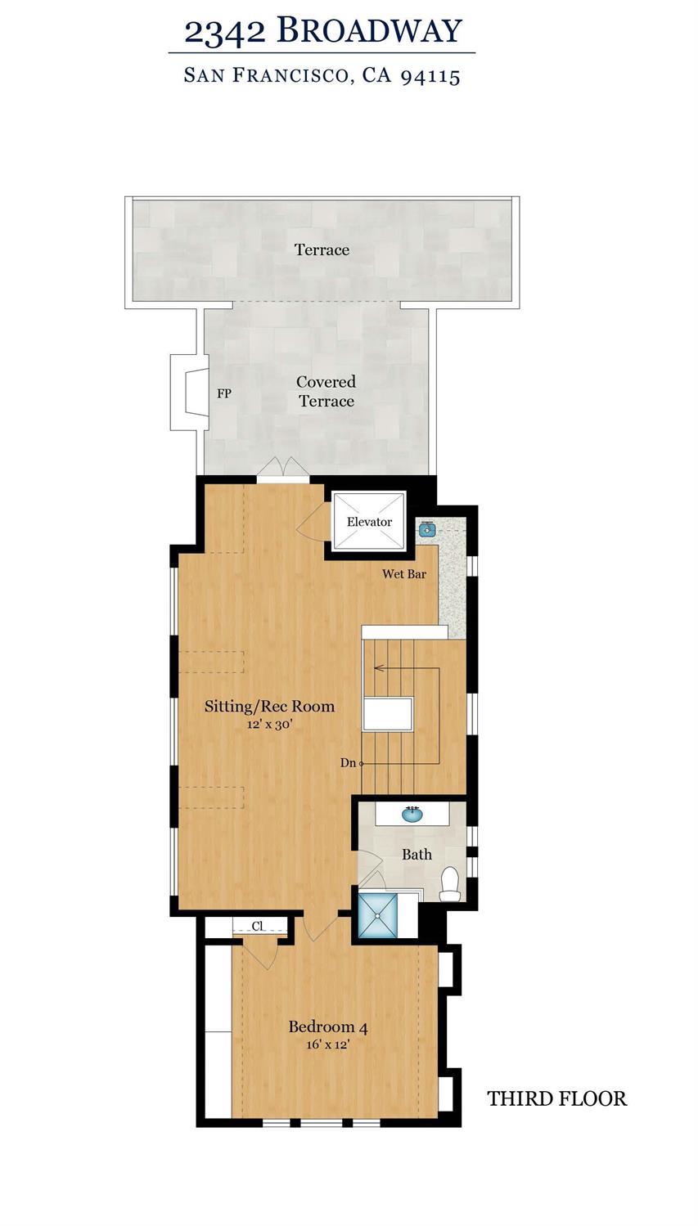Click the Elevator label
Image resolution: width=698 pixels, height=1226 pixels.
[369, 522]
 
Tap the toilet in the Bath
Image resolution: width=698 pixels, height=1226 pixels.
[450, 884]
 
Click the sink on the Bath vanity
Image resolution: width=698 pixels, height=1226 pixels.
[412, 815]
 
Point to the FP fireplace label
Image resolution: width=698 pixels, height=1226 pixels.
[224, 393]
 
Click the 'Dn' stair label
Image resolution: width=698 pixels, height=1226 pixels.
[349, 763]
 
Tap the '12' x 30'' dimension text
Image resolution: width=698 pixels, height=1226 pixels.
[269, 725]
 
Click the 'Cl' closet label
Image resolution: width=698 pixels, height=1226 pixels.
[258, 927]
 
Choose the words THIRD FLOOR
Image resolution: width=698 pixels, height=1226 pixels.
[557, 1098]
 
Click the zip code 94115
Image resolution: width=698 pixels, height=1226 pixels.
[430, 76]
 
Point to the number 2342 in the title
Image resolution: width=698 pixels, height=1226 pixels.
[225, 31]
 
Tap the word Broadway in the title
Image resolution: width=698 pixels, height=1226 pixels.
[369, 31]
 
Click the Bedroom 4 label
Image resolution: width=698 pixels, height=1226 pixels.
[327, 1026]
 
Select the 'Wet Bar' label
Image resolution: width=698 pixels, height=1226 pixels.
[404, 574]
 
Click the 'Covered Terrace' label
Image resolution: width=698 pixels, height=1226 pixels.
[326, 391]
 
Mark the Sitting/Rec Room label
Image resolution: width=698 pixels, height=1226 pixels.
[269, 706]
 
